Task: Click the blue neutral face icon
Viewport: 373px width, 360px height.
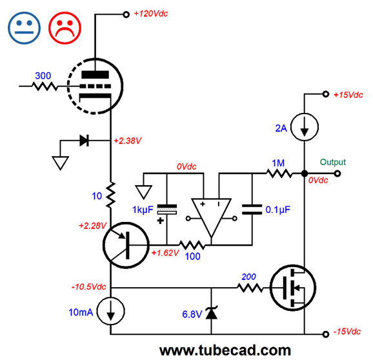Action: click(24, 28)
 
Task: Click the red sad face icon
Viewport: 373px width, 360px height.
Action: click(65, 28)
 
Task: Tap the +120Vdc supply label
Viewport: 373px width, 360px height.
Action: click(151, 14)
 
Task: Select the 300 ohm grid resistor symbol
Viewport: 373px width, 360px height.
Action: click(45, 86)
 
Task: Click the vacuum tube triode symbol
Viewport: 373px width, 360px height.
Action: click(95, 86)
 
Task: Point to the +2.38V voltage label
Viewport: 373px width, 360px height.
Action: click(128, 141)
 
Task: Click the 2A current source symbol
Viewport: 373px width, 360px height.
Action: click(305, 127)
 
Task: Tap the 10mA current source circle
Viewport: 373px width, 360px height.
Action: click(111, 311)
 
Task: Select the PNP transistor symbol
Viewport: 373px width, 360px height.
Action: click(126, 245)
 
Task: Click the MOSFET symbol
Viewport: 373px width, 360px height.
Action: click(293, 288)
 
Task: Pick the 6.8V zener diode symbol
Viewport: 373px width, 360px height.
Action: click(211, 313)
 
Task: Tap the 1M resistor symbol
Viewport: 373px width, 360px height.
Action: click(279, 174)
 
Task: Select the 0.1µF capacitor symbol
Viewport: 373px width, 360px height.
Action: click(252, 210)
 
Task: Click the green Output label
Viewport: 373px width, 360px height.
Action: click(332, 162)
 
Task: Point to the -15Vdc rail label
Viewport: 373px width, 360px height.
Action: click(347, 332)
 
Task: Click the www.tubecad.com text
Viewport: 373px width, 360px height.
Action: click(225, 350)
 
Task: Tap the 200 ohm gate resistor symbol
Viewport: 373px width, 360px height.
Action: click(250, 288)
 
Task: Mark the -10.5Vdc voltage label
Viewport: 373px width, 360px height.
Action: click(88, 286)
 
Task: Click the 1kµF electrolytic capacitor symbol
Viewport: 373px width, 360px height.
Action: click(167, 210)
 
